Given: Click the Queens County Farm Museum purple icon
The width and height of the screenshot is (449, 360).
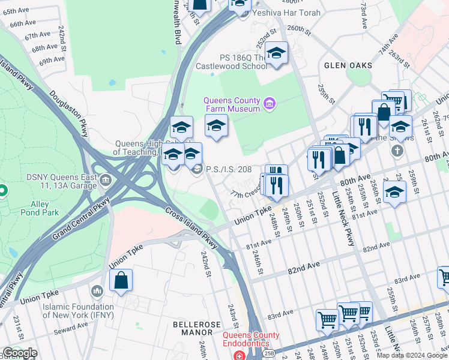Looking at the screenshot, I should pyautogui.click(x=270, y=104).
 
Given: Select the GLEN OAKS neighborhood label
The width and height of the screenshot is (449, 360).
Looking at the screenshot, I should pyautogui.click(x=348, y=65).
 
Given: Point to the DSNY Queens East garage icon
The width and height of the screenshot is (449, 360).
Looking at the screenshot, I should pyautogui.click(x=106, y=179).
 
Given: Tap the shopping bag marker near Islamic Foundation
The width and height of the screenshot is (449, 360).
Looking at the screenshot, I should pyautogui.click(x=121, y=281).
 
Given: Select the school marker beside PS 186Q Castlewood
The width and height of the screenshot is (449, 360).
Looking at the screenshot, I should pyautogui.click(x=276, y=54).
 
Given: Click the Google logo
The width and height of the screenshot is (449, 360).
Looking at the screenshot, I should pyautogui.click(x=19, y=353).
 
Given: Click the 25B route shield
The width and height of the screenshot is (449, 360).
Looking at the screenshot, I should pyautogui.click(x=268, y=353).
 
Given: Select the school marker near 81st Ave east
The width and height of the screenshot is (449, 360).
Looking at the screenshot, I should pyautogui.click(x=394, y=192).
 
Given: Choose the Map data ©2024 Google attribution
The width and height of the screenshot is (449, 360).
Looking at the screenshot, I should pyautogui.click(x=411, y=355).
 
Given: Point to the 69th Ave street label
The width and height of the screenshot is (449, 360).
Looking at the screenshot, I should pyautogui.click(x=52, y=61).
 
